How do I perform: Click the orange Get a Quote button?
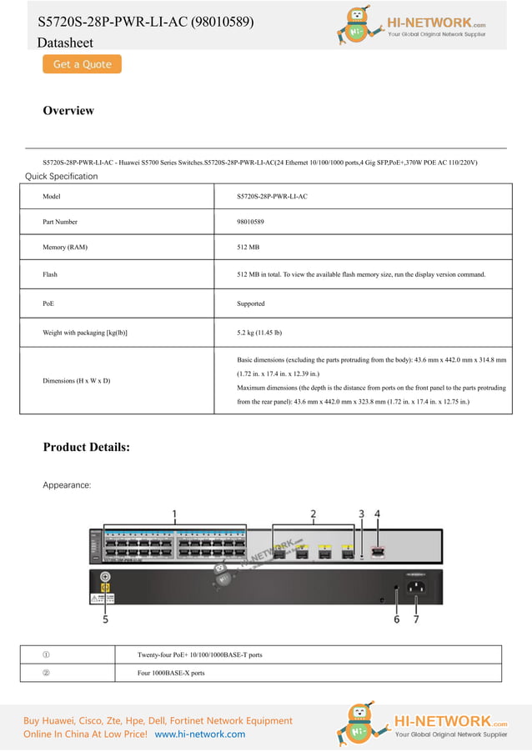click(x=82, y=64)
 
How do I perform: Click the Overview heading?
click(x=68, y=111)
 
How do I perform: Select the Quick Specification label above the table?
click(x=61, y=176)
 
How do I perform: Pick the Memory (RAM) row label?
click(x=65, y=248)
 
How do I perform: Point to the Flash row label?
click(x=50, y=274)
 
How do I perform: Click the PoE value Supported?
click(x=251, y=303)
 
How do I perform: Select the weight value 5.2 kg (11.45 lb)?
click(x=259, y=333)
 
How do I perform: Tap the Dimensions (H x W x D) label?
click(x=77, y=381)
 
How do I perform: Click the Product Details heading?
click(x=86, y=447)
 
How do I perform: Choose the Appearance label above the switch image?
click(x=67, y=484)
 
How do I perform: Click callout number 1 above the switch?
click(x=174, y=514)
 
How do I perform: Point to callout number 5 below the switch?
click(x=106, y=619)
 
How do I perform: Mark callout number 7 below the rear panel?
click(x=415, y=619)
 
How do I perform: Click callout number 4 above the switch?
click(x=377, y=514)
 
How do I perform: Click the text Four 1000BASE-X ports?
click(x=171, y=673)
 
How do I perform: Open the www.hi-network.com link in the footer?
click(x=200, y=734)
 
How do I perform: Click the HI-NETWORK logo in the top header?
click(x=421, y=25)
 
